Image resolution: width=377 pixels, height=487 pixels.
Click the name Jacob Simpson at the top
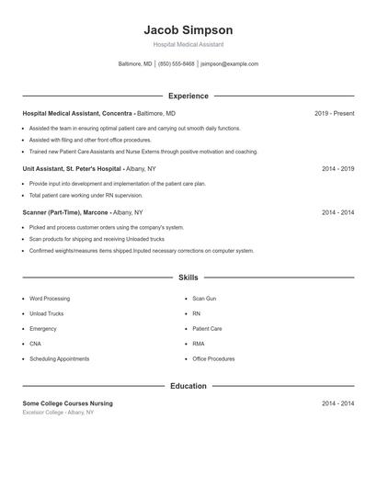188,29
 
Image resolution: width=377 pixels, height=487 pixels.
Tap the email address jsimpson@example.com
229,64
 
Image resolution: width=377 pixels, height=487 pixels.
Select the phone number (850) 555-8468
176,64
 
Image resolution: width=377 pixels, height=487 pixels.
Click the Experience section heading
188,96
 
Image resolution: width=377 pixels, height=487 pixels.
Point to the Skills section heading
188,277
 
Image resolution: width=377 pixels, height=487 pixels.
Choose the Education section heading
188,386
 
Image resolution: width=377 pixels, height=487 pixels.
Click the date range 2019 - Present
334,113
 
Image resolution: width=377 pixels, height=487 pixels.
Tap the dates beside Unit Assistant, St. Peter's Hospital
337,169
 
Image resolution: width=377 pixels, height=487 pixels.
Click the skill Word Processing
49,299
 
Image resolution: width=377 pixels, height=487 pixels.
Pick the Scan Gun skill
204,299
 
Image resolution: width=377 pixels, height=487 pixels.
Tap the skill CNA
36,344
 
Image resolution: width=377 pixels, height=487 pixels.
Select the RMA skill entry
198,344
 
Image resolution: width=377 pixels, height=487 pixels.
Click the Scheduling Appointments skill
59,358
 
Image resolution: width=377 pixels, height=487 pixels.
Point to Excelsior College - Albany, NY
58,413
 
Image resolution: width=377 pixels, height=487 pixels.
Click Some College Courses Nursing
67,403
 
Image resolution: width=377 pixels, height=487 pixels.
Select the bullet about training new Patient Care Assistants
143,152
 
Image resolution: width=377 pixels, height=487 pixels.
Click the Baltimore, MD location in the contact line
135,64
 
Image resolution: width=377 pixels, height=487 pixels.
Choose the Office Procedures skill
213,358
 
